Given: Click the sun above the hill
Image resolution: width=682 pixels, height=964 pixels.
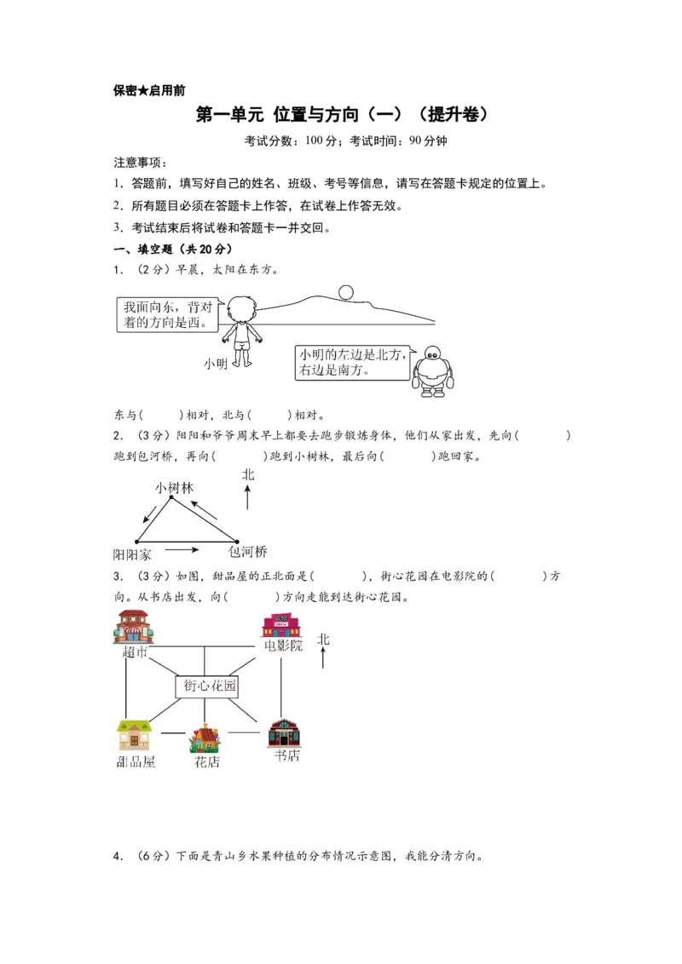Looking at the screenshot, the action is tap(345, 292).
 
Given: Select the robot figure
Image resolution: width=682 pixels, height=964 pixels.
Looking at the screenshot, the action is tap(433, 372).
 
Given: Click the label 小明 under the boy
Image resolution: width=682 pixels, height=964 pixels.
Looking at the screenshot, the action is tap(216, 364).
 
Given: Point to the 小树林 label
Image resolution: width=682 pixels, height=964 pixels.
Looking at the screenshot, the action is tap(174, 488).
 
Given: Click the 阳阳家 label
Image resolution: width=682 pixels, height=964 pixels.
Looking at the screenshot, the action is tap(132, 554).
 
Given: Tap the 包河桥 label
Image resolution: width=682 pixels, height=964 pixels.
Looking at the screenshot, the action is tap(248, 552).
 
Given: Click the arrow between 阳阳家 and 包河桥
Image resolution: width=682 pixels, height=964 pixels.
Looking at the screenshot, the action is tap(182, 549).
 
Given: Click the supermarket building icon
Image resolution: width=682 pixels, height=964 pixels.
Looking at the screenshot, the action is tap(134, 628).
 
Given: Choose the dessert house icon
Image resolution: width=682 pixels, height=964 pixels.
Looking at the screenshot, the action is tap(135, 736).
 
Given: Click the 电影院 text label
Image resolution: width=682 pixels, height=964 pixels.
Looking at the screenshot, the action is tap(283, 646).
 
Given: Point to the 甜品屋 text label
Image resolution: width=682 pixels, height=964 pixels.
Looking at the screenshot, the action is tap(136, 761).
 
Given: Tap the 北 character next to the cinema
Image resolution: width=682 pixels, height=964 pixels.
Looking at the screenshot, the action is tap(323, 639).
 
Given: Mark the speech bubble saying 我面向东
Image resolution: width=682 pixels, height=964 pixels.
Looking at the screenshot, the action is tap(167, 314).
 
